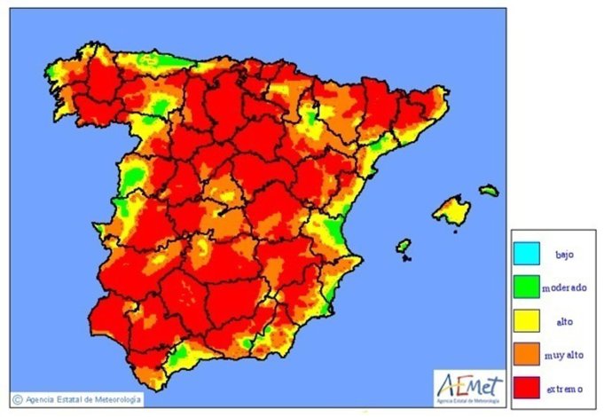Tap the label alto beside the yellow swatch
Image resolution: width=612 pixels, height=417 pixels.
click(566, 320)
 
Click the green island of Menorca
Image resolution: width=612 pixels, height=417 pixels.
click(489, 190)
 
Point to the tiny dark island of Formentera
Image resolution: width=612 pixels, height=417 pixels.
click(406, 259)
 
